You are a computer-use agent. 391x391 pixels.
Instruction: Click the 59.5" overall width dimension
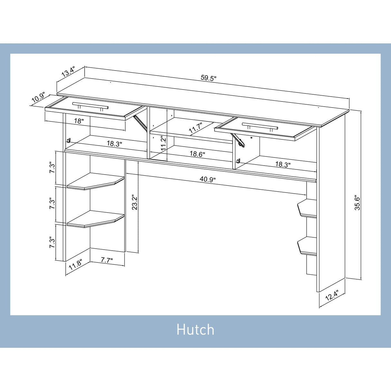tap(208, 78)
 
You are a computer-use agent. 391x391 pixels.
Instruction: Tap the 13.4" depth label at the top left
tap(68, 72)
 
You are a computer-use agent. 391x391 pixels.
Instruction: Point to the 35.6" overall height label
tap(357, 202)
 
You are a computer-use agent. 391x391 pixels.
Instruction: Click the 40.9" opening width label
tap(207, 180)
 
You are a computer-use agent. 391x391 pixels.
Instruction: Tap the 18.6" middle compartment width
tap(197, 154)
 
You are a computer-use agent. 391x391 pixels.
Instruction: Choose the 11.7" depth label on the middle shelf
tap(196, 128)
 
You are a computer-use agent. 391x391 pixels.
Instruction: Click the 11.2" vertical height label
tap(163, 143)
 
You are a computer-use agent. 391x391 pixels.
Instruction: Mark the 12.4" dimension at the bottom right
tap(332, 295)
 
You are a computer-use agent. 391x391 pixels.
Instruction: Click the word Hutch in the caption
tap(195, 330)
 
